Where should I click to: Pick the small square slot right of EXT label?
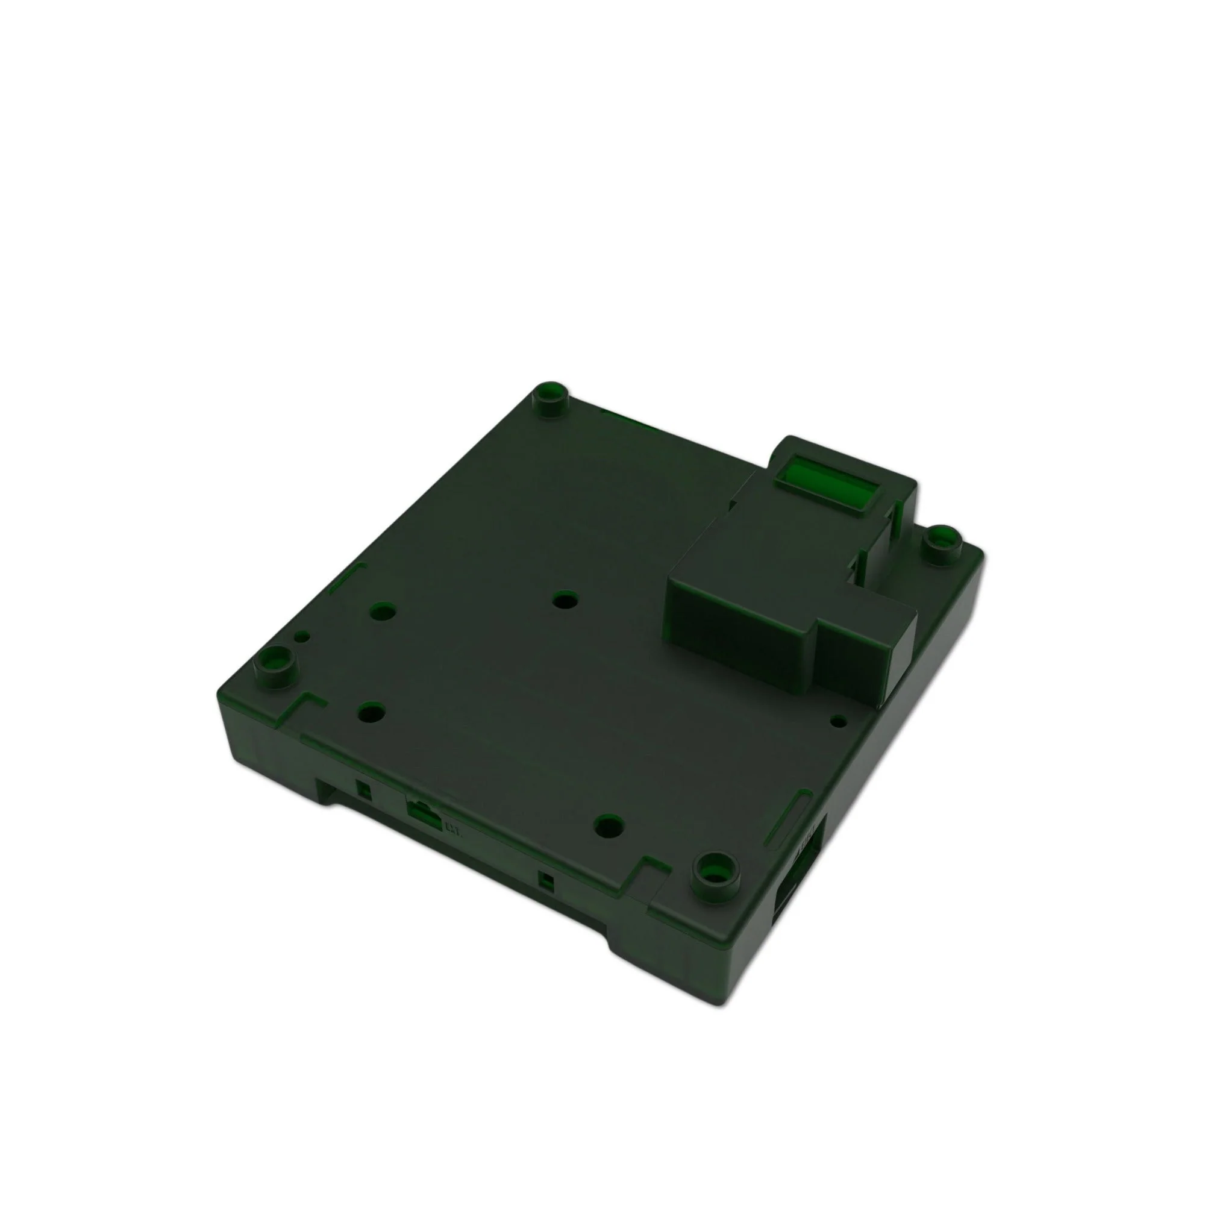(546, 882)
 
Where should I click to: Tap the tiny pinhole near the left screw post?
(302, 636)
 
